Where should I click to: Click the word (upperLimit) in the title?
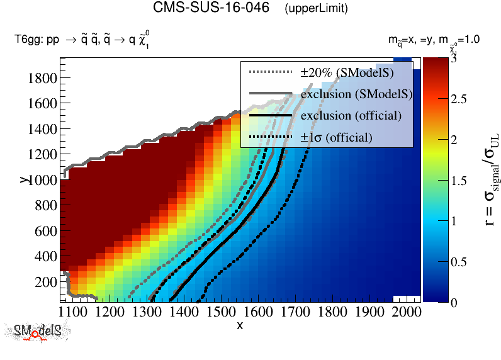click(316, 9)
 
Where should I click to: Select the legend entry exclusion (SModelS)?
click(356, 94)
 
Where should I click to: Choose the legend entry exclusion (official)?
click(351, 116)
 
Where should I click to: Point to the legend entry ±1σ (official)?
click(336, 137)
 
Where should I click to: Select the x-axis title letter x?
click(240, 325)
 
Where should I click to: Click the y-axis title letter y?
click(23, 180)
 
